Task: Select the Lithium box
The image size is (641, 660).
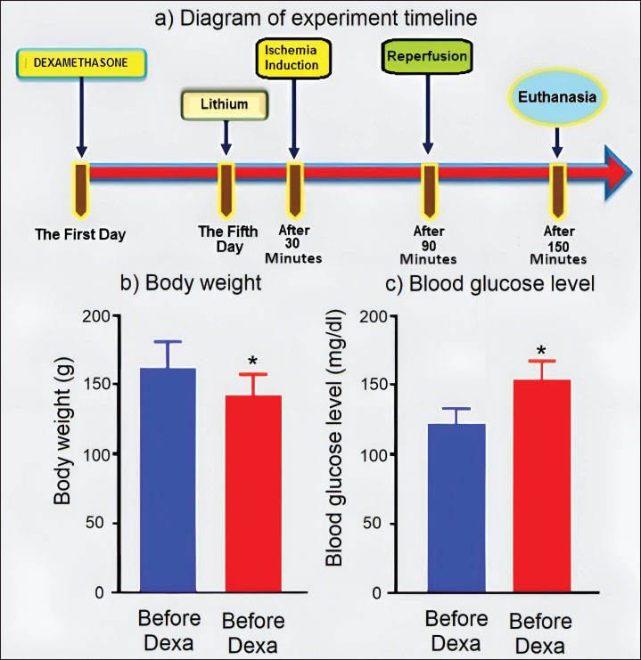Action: [x=225, y=105]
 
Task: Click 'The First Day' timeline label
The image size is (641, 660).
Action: [x=80, y=235]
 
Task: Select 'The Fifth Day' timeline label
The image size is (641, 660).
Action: [x=228, y=238]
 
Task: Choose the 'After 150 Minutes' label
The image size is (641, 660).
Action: [x=558, y=245]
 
